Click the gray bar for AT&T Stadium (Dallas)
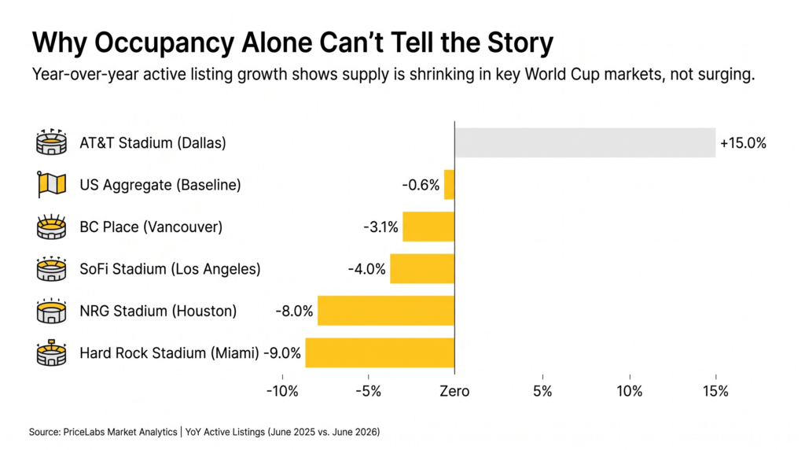[x=585, y=142]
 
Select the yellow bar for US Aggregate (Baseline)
[x=449, y=185]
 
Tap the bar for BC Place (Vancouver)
[x=428, y=227]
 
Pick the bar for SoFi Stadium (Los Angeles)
[x=422, y=268]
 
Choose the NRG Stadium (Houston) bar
[x=386, y=311]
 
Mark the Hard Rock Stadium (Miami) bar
[x=380, y=352]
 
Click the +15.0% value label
[x=742, y=143]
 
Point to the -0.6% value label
[x=421, y=185]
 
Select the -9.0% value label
[x=282, y=353]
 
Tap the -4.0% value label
[x=366, y=269]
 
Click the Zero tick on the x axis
[x=454, y=391]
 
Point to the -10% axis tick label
[x=281, y=391]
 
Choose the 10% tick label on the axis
[x=629, y=391]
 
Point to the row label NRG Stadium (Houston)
[x=158, y=311]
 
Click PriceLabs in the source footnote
[x=83, y=432]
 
